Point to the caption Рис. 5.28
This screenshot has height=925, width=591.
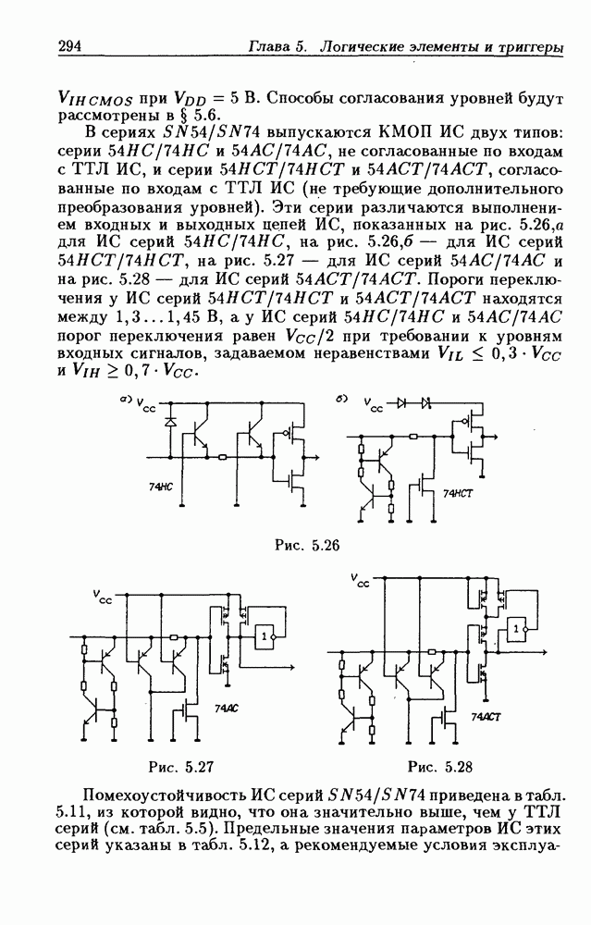point(439,765)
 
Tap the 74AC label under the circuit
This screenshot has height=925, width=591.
point(226,708)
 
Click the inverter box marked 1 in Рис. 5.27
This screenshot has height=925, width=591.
point(266,637)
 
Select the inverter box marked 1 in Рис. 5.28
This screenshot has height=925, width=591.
point(516,629)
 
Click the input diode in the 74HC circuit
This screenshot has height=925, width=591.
point(170,421)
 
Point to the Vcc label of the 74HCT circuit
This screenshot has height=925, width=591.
point(374,405)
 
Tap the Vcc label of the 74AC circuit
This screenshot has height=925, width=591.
point(103,598)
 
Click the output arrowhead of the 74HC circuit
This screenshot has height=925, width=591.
point(317,456)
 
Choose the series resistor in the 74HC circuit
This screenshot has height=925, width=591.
point(223,456)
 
